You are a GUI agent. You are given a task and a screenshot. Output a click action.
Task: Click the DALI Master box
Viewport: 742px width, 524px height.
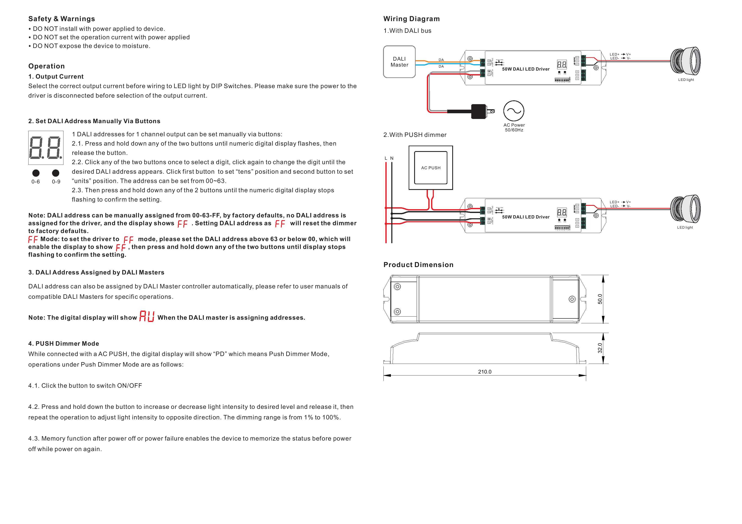click(399, 62)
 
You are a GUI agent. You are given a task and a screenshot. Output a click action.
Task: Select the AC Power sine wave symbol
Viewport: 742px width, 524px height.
click(514, 111)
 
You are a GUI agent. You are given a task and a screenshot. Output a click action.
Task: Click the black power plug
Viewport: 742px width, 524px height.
click(479, 111)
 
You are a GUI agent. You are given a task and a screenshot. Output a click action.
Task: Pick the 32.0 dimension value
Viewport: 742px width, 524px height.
click(600, 348)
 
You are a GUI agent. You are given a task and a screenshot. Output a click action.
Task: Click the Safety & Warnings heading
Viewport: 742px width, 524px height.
click(61, 19)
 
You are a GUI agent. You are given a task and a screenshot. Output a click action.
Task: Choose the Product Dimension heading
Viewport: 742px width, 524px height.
click(418, 265)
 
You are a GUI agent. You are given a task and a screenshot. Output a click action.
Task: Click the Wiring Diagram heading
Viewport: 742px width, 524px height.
click(411, 19)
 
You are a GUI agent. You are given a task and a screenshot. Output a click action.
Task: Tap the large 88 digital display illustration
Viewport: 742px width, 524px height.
click(45, 148)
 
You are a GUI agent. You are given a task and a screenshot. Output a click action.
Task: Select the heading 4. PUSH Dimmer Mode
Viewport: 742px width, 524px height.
click(64, 344)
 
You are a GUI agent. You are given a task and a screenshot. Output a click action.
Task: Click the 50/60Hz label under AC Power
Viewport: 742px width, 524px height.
click(514, 130)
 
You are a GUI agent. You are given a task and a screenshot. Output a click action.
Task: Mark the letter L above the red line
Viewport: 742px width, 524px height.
click(386, 158)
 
